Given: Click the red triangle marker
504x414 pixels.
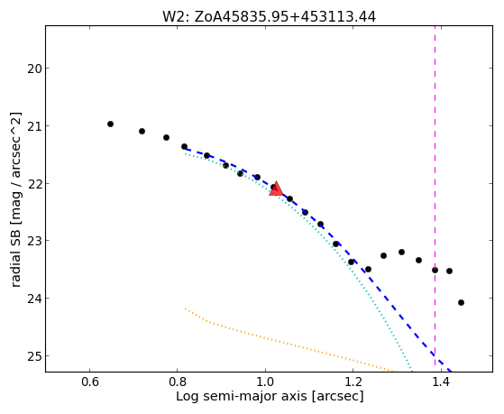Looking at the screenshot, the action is click(276, 189).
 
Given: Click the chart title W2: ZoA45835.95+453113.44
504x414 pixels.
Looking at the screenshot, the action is click(269, 16).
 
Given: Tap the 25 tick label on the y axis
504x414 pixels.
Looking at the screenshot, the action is click(34, 356).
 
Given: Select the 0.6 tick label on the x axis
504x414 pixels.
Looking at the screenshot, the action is click(89, 382).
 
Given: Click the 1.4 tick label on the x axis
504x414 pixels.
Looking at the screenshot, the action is click(441, 382).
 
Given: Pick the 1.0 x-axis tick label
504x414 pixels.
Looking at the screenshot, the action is click(265, 382).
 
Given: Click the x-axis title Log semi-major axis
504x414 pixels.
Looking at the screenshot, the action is click(242, 396).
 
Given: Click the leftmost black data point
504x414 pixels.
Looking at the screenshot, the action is click(110, 124).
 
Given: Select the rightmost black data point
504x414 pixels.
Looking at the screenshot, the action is click(461, 302).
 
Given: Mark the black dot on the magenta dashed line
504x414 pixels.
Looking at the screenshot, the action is click(435, 270).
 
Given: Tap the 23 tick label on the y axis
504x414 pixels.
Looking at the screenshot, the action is click(34, 241).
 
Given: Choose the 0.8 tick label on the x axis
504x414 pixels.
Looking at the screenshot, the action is click(177, 382).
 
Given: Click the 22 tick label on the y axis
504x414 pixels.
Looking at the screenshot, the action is click(34, 184).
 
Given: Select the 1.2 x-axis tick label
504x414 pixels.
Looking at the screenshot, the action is click(353, 382).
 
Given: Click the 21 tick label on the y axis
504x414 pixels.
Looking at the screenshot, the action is click(34, 125).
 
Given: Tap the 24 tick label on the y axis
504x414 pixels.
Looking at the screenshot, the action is click(34, 299).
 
